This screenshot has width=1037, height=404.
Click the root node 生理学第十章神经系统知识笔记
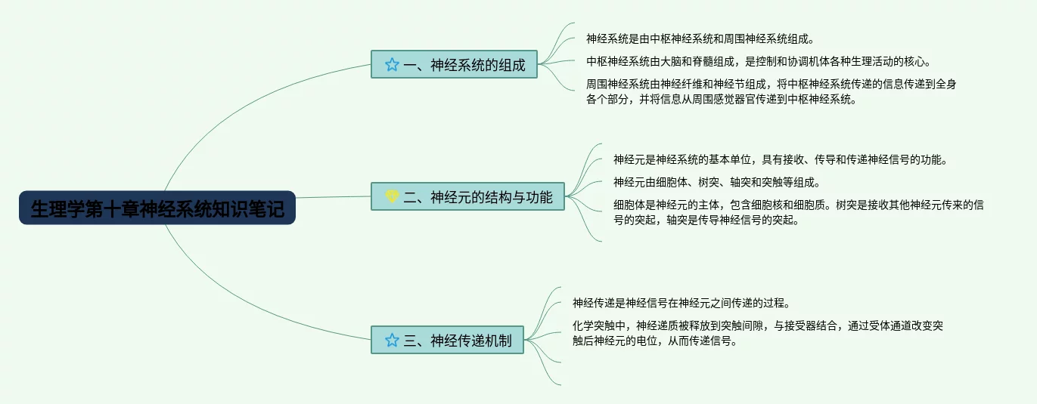pyautogui.click(x=157, y=208)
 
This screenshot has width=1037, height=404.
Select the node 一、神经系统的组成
pyautogui.click(x=454, y=64)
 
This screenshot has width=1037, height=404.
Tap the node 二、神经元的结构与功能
pyautogui.click(x=467, y=197)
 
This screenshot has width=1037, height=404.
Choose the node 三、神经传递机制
pyautogui.click(x=447, y=340)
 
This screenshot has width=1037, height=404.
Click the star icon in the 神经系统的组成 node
pyautogui.click(x=391, y=65)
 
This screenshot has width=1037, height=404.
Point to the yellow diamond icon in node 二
pyautogui.click(x=391, y=197)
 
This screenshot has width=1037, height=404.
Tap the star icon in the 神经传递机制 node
pyautogui.click(x=391, y=340)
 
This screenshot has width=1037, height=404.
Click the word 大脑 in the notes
pyautogui.click(x=669, y=61)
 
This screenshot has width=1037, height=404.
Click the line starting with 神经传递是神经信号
pyautogui.click(x=681, y=304)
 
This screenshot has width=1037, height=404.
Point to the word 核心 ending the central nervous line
pyautogui.click(x=917, y=61)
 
